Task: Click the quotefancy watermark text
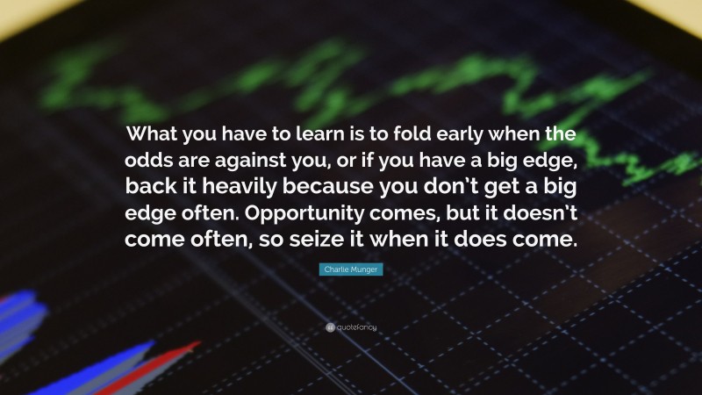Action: (x=356, y=327)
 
